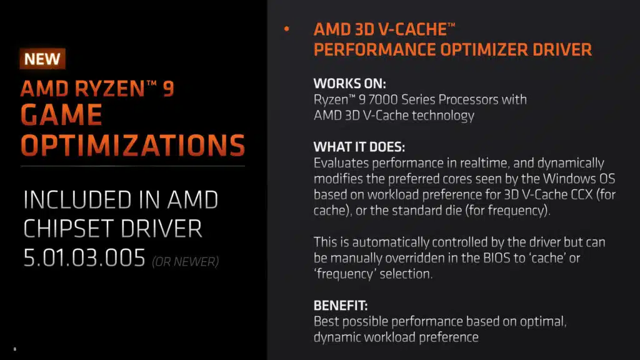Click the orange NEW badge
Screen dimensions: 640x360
tap(42, 59)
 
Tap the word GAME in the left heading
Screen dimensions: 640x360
tap(62, 114)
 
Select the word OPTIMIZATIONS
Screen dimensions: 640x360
tap(133, 145)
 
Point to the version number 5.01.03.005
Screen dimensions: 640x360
tap(84, 258)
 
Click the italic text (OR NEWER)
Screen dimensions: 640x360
tap(185, 262)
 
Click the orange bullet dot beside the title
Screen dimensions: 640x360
tap(286, 29)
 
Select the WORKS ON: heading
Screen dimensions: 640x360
tap(350, 84)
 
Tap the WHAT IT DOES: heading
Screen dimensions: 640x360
tap(359, 147)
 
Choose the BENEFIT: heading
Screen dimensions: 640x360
tap(341, 305)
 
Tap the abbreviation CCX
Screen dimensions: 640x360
tap(582, 195)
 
